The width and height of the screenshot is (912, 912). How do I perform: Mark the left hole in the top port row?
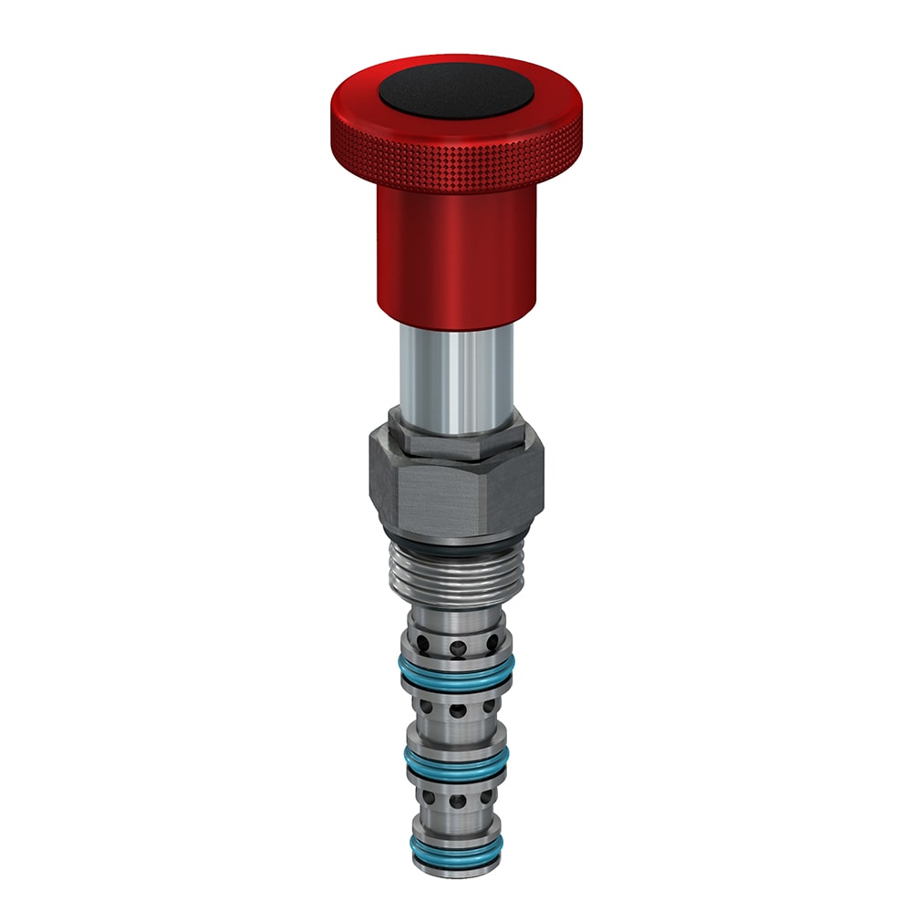(420, 642)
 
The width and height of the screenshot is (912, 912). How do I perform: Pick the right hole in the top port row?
(492, 642)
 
